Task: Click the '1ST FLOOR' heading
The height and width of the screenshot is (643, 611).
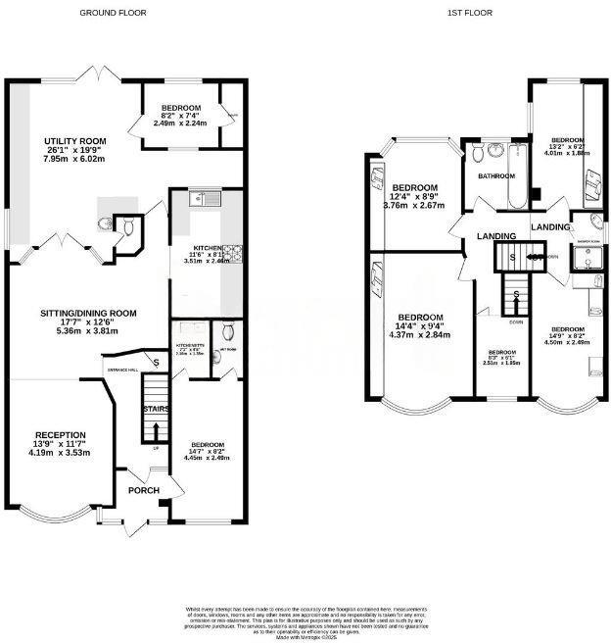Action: click(469, 13)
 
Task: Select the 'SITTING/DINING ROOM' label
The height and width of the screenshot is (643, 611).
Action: click(87, 313)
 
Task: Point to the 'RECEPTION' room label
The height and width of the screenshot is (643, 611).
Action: click(61, 435)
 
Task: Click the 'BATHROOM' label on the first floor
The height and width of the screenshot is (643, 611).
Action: click(495, 176)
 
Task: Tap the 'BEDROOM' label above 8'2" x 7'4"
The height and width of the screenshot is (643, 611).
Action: click(182, 107)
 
